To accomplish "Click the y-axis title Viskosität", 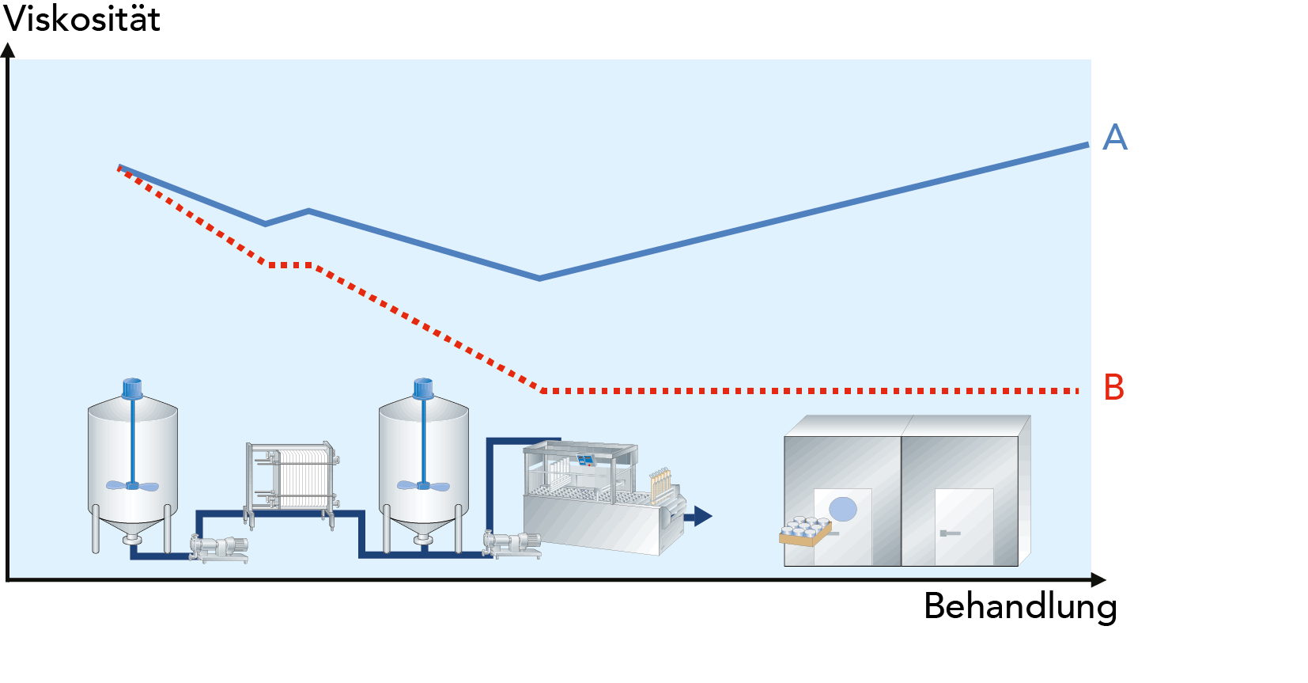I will click(81, 19).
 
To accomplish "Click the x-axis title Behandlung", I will click(1020, 607).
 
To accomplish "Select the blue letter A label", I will click(1115, 138).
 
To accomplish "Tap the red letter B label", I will click(1113, 388).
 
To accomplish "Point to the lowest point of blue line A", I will click(539, 278).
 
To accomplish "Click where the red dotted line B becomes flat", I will click(543, 390).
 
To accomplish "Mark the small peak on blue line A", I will click(308, 211).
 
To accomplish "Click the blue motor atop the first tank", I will click(132, 388).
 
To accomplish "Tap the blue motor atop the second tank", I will click(423, 388).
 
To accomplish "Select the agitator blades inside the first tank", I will click(132, 485).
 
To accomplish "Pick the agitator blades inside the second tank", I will click(423, 485).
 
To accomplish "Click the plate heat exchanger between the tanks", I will click(293, 479).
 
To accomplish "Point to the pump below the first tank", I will click(220, 547).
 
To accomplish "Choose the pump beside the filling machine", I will click(512, 543).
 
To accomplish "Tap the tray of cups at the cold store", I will click(805, 531).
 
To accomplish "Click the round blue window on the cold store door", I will click(843, 509).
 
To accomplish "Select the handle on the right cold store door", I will click(949, 533).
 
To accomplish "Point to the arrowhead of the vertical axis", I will click(8, 50).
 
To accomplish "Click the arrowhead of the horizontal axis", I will click(1098, 580).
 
